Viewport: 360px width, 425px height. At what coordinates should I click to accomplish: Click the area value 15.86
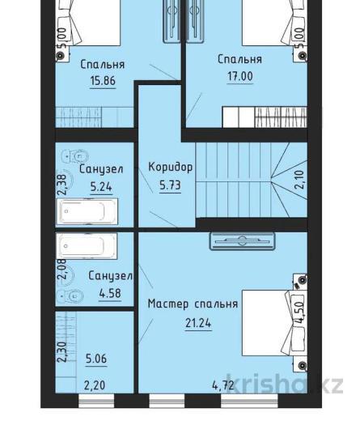tap(103, 81)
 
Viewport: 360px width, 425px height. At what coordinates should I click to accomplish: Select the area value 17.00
tap(240, 76)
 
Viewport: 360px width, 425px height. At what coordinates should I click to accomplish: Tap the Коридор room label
tap(171, 167)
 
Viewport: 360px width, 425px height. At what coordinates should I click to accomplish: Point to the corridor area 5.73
tap(170, 185)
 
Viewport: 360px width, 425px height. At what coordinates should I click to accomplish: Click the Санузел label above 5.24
tap(101, 169)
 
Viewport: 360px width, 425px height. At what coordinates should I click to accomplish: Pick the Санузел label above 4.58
tap(111, 276)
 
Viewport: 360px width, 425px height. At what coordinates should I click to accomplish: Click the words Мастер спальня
tap(193, 304)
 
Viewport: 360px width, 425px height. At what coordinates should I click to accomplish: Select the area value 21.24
tap(198, 323)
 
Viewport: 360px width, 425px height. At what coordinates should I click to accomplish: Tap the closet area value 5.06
tap(96, 359)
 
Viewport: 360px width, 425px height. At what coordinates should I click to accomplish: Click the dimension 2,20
tap(95, 385)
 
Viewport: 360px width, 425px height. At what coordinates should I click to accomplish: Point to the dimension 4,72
tap(223, 385)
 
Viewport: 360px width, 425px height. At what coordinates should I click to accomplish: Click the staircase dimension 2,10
tap(300, 180)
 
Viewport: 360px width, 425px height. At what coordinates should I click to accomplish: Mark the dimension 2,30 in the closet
tap(62, 352)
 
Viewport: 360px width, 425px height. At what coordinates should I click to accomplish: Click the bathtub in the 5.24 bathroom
tap(87, 211)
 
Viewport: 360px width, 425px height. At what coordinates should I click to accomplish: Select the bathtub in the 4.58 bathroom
tap(87, 246)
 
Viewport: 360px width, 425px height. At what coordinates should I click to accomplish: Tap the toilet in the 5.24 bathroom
tap(75, 156)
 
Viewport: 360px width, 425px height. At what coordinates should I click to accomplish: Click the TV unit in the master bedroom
tap(243, 241)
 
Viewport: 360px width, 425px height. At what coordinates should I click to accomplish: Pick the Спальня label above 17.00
tap(240, 59)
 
